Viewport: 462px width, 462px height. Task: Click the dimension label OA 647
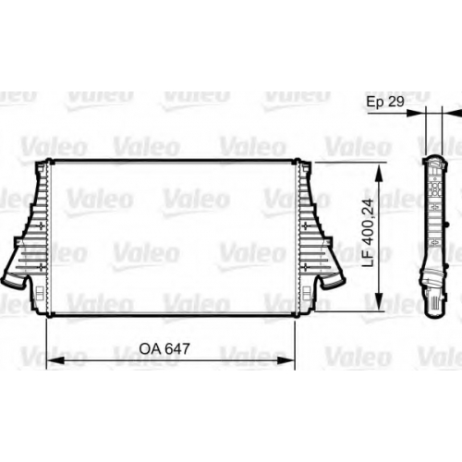point(164,348)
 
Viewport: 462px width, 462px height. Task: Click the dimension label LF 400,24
point(368,233)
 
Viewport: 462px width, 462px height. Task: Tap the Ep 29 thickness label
point(385,102)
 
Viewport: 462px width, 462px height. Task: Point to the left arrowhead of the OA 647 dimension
point(55,360)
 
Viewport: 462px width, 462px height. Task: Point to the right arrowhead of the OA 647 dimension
point(286,360)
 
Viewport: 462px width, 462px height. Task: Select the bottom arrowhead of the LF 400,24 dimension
point(380,301)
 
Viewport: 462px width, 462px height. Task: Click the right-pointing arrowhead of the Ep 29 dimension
point(416,113)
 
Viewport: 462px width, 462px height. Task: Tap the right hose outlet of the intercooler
point(333,281)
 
